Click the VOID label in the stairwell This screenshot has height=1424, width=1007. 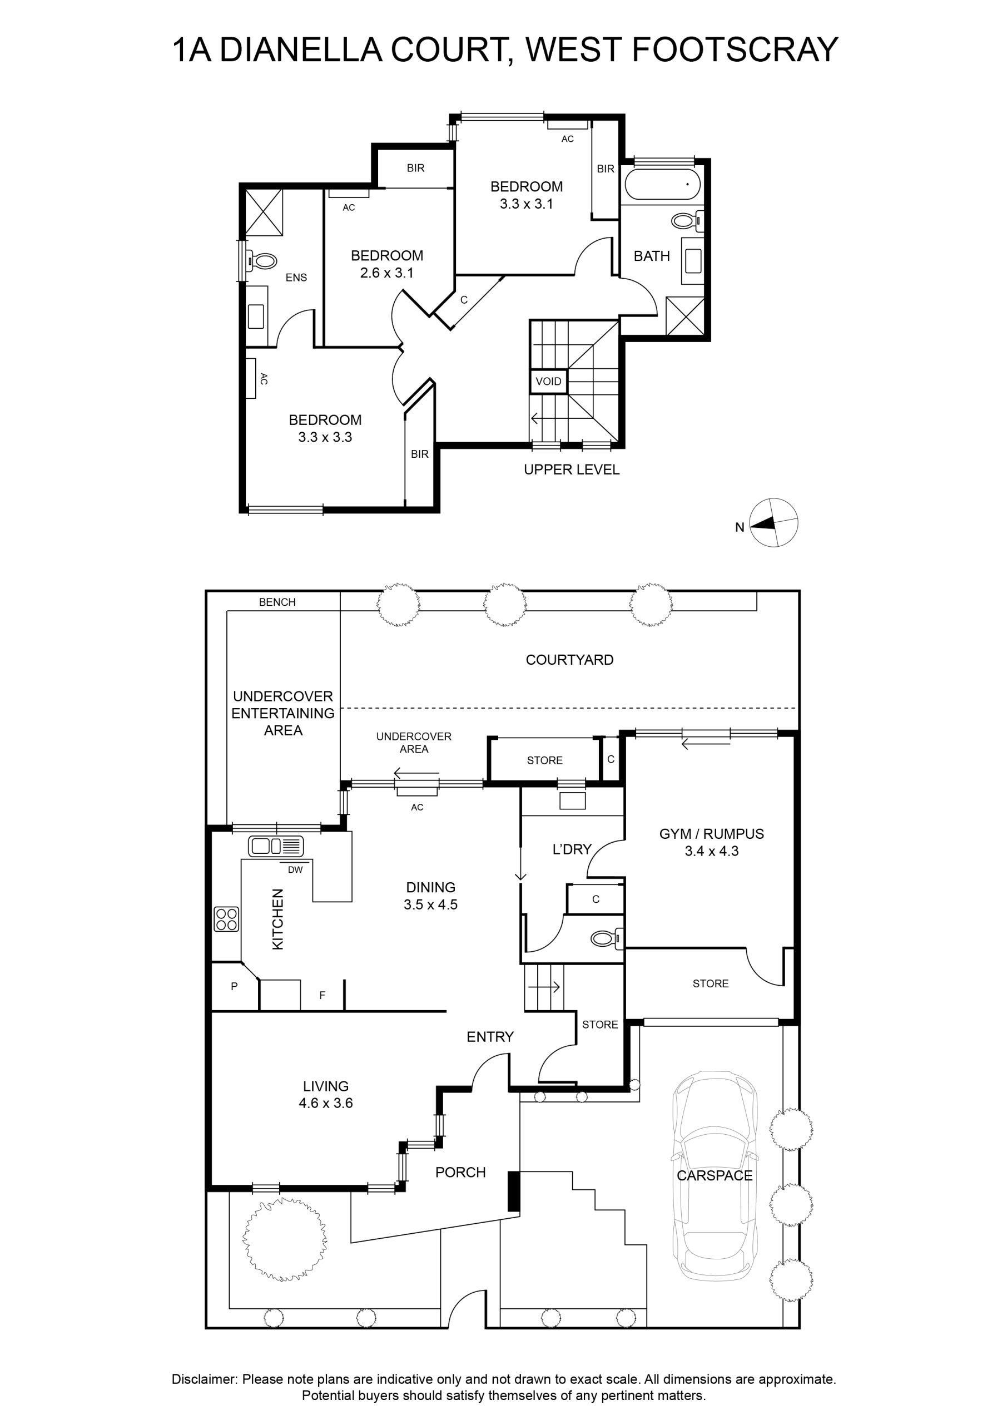pos(548,381)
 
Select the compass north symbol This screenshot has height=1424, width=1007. pos(773,522)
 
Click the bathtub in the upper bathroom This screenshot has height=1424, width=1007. pos(662,184)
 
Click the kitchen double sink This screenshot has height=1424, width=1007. pos(276,846)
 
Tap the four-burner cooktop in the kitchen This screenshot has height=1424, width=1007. pos(226,918)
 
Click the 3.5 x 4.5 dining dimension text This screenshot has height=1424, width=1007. pos(430,904)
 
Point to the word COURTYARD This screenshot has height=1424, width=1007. pos(569,660)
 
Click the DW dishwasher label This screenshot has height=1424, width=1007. pos(295,869)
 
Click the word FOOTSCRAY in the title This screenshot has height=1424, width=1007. pos(734,50)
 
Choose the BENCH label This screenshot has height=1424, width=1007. pos(277,602)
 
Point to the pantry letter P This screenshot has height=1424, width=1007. pos(235,986)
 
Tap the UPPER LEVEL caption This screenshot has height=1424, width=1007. pos(572,469)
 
